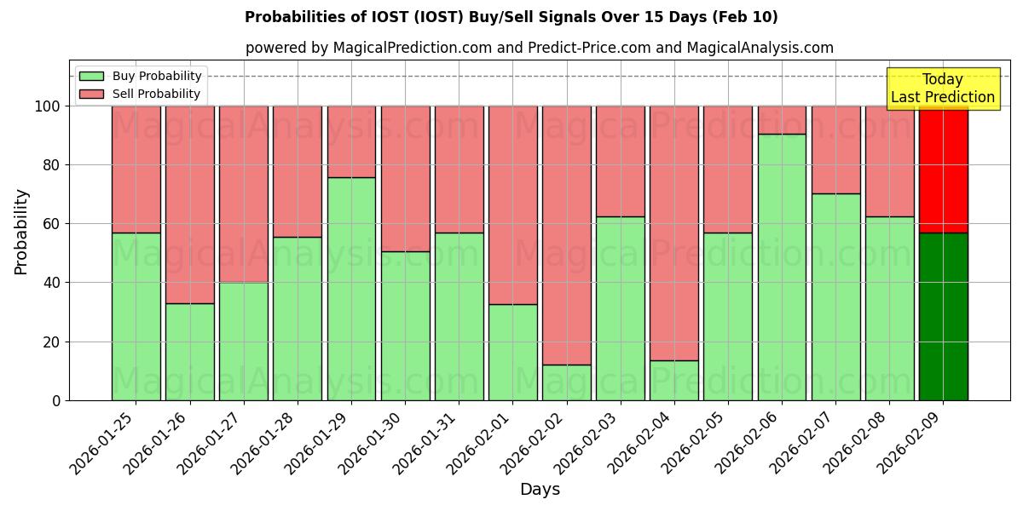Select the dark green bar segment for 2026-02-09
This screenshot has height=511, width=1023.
pos(943,316)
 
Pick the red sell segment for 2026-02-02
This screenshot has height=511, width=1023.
pos(566,235)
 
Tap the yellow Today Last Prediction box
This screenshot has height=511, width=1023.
pos(942,89)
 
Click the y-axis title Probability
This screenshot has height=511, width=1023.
pos(21,232)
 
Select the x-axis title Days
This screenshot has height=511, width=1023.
pos(540,490)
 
